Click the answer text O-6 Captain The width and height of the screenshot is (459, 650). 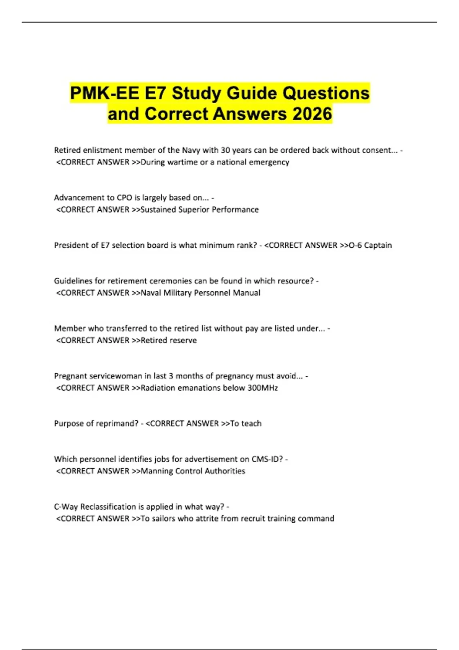coord(370,245)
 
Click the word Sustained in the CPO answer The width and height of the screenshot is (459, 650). coord(158,210)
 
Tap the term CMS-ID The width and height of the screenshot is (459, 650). coord(267,459)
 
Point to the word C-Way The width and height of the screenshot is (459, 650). coord(66,507)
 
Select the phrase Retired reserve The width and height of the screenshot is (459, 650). coord(169,340)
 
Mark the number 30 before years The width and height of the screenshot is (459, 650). coord(225,150)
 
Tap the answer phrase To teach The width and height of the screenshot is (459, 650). coord(246,423)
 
